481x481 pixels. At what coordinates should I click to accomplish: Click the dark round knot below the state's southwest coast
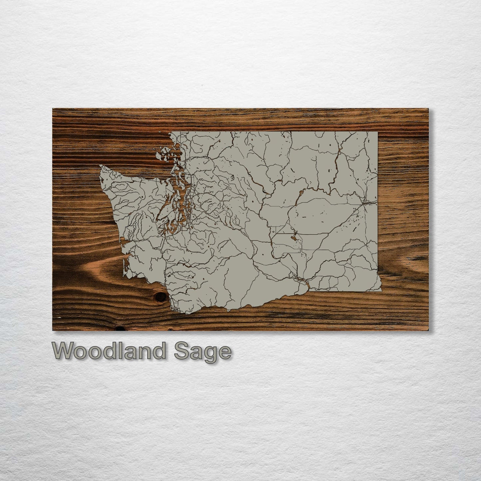(160, 297)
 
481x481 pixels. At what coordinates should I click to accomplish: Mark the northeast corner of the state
(377, 132)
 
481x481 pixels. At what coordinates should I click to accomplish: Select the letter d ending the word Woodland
(159, 351)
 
